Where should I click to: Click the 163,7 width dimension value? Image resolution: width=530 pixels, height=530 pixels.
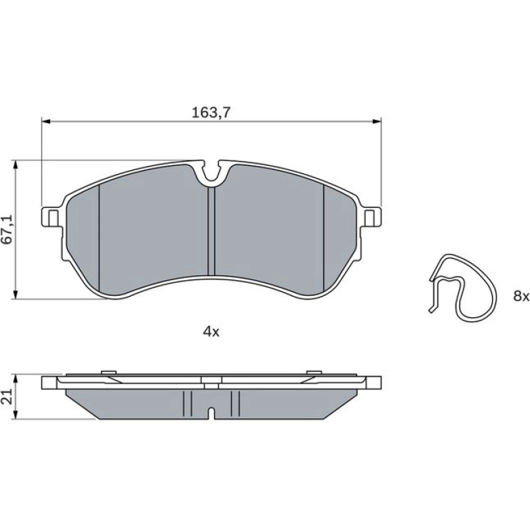[x=211, y=113]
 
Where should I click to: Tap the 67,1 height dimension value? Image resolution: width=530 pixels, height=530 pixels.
[x=7, y=229]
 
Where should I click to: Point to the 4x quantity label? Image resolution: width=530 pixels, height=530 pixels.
[x=211, y=332]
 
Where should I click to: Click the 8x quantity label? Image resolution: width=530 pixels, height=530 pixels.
[x=521, y=297]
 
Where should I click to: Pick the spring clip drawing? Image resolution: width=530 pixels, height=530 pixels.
[x=463, y=286]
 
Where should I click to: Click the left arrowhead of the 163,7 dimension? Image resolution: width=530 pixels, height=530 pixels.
[x=45, y=121]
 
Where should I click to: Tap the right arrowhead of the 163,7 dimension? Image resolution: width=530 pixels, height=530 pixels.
[x=377, y=121]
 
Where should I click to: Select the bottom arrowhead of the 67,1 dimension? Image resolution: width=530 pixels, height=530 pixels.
[x=15, y=295]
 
